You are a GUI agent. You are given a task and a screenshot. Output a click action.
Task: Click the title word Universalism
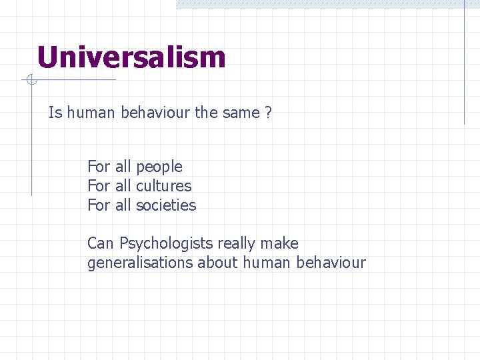pos(131,57)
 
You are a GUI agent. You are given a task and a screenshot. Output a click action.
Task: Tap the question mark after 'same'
pos(268,113)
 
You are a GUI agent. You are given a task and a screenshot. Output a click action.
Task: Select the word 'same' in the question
pos(241,113)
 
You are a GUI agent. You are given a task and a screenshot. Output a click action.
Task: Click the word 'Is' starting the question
pos(55,113)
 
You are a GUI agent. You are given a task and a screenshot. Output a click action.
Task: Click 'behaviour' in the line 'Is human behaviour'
pos(155,113)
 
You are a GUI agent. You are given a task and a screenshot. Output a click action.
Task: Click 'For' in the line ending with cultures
pos(99,186)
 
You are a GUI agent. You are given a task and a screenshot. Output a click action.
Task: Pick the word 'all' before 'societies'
pos(123,205)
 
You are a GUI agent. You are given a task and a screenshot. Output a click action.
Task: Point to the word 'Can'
pos(101,244)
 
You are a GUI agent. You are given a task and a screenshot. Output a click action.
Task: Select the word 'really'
pos(236,244)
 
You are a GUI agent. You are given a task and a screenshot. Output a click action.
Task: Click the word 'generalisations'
pos(140,263)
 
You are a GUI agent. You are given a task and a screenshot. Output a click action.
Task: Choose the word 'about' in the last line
pos(217,263)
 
